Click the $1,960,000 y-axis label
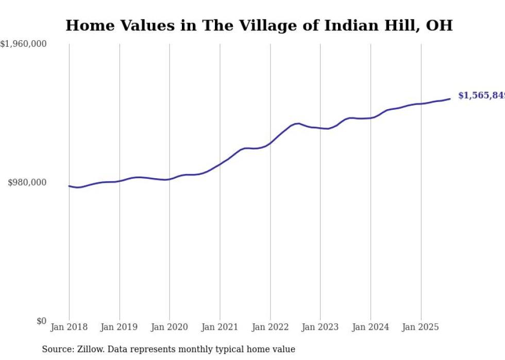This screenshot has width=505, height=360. [23, 44]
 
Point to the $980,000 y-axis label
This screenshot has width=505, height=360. [27, 182]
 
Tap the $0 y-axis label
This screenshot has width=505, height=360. [41, 321]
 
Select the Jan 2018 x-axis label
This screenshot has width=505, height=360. [69, 327]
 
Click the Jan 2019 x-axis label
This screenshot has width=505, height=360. [120, 327]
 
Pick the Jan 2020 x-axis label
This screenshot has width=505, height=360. [170, 327]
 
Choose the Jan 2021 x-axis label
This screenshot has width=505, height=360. [220, 327]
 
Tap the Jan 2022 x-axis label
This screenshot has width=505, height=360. [270, 327]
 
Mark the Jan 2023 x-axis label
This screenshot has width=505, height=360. [321, 327]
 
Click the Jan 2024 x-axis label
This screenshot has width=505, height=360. [371, 327]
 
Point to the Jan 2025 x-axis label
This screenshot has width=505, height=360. [421, 327]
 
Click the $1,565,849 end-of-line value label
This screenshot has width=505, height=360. [481, 96]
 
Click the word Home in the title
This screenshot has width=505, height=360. [88, 25]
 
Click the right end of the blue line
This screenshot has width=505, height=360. [450, 99]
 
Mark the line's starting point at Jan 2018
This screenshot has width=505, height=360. [69, 186]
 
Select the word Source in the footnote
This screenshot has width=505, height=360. [56, 349]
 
